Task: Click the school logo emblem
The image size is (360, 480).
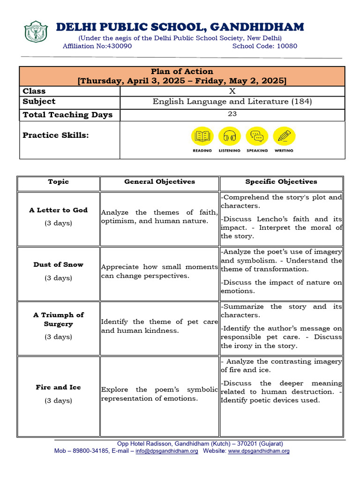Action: point(36,32)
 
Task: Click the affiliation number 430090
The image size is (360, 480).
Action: point(120,46)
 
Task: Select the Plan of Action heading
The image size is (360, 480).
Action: point(182,72)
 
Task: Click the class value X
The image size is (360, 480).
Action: point(232,91)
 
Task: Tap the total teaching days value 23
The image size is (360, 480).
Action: point(232,114)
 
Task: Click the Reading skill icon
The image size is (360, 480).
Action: point(202,136)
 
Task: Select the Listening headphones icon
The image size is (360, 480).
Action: point(229,136)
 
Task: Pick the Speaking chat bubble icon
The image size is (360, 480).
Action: point(257,136)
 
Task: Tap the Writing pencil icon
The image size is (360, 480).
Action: point(284,136)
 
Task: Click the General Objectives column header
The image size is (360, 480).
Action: point(159,182)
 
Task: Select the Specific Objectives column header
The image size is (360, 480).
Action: point(281,182)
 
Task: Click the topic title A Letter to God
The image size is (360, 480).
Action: point(58,210)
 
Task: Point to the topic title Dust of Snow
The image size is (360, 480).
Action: point(58,265)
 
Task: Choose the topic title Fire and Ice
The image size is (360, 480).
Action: point(58,388)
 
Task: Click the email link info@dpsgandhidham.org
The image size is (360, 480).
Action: point(166,451)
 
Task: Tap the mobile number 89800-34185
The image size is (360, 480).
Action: point(88,451)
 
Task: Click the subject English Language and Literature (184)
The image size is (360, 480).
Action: point(232,102)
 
